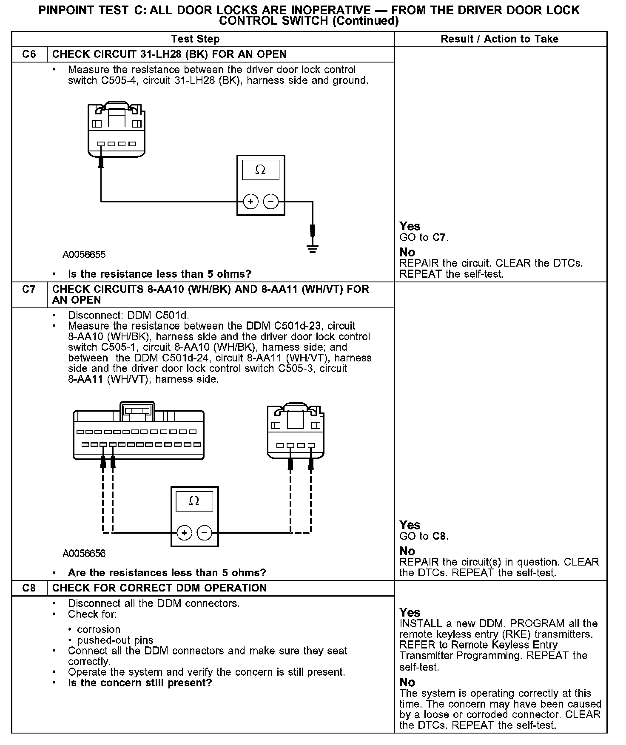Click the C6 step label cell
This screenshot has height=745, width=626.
pos(29,54)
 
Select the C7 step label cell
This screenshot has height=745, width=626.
pos(29,290)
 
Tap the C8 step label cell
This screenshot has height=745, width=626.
pos(29,588)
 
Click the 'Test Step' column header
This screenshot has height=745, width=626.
pos(195,39)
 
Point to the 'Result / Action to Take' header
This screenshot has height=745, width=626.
pos(499,39)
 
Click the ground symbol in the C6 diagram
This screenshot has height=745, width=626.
pos(313,249)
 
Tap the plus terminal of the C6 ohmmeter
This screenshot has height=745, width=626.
pos(250,202)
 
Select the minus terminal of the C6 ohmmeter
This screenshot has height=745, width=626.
pos(271,202)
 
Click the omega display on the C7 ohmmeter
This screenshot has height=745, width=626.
pos(194,500)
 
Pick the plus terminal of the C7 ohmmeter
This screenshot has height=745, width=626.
pos(184,533)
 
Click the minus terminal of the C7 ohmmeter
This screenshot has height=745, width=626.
pos(205,533)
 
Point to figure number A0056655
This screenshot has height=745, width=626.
pos(84,255)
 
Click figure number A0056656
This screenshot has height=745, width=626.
pos(84,553)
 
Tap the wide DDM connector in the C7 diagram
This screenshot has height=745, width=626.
pos(139,434)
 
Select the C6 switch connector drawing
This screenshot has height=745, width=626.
pos(116,130)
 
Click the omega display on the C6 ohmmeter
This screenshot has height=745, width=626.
pos(260,170)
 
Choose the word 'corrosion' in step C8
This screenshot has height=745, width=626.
pos(99,629)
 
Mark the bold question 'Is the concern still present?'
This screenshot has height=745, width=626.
pos(139,683)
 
